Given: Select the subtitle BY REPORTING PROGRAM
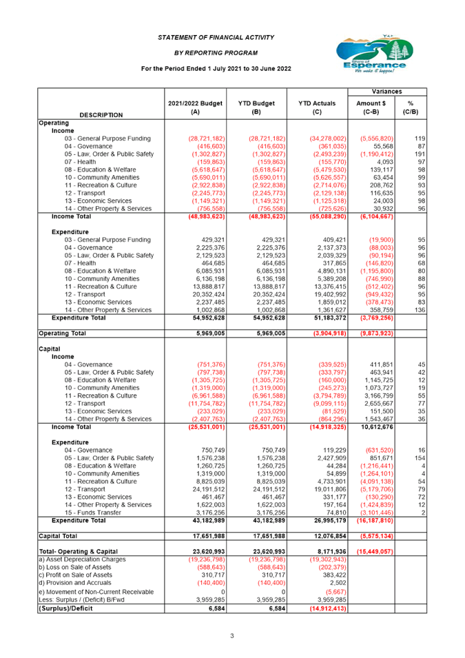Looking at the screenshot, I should click(216, 52).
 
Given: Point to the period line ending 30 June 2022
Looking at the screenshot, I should click(216, 69).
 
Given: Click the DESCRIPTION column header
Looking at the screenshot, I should click(101, 114).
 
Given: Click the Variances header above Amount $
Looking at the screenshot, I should click(388, 92).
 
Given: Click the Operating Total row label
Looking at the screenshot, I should click(62, 332).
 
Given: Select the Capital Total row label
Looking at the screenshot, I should click(58, 535).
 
